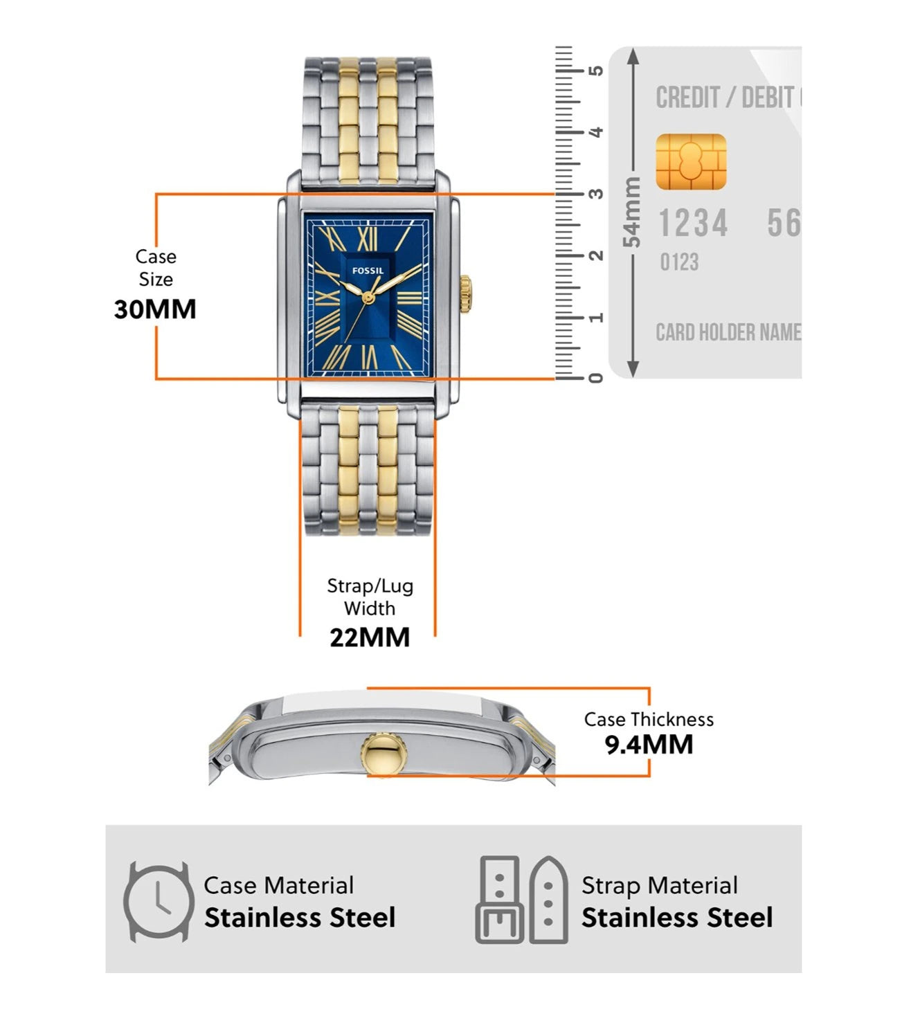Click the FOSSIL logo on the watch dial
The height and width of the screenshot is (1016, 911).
pyautogui.click(x=368, y=271)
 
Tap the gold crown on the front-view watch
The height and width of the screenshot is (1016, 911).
pyautogui.click(x=465, y=294)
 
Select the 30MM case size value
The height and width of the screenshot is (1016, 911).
pyautogui.click(x=155, y=309)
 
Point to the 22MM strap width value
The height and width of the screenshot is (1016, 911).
pyautogui.click(x=370, y=637)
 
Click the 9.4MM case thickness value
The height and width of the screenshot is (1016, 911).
pyautogui.click(x=649, y=745)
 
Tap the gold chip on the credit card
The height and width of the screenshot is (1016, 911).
pyautogui.click(x=690, y=162)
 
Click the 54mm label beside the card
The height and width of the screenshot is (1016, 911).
pyautogui.click(x=632, y=212)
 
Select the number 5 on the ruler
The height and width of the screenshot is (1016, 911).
pyautogui.click(x=595, y=71)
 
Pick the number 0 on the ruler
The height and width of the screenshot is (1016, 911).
pyautogui.click(x=595, y=378)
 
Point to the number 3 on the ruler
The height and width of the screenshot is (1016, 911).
pyautogui.click(x=595, y=194)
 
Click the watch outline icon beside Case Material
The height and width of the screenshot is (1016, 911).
pyautogui.click(x=159, y=901)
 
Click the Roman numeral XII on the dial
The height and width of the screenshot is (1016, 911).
pyautogui.click(x=368, y=239)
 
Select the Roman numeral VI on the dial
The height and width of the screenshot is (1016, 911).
pyautogui.click(x=370, y=357)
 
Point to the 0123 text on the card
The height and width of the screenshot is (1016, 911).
pyautogui.click(x=679, y=262)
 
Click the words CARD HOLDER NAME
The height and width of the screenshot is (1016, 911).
pyautogui.click(x=728, y=333)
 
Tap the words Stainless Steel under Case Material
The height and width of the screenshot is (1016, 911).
pyautogui.click(x=300, y=918)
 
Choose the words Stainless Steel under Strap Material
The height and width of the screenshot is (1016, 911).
pyautogui.click(x=676, y=918)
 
